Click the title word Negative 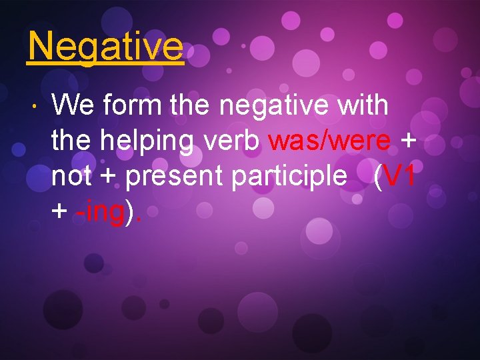pyautogui.click(x=105, y=47)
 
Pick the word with pyautogui.click(x=363, y=105)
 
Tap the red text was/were pyautogui.click(x=329, y=141)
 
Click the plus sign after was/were pyautogui.click(x=406, y=142)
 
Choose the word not pyautogui.click(x=71, y=177)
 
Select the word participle pyautogui.click(x=289, y=178)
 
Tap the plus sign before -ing pyautogui.click(x=59, y=213)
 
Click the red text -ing pyautogui.click(x=100, y=213)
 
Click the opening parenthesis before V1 pyautogui.click(x=379, y=177)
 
